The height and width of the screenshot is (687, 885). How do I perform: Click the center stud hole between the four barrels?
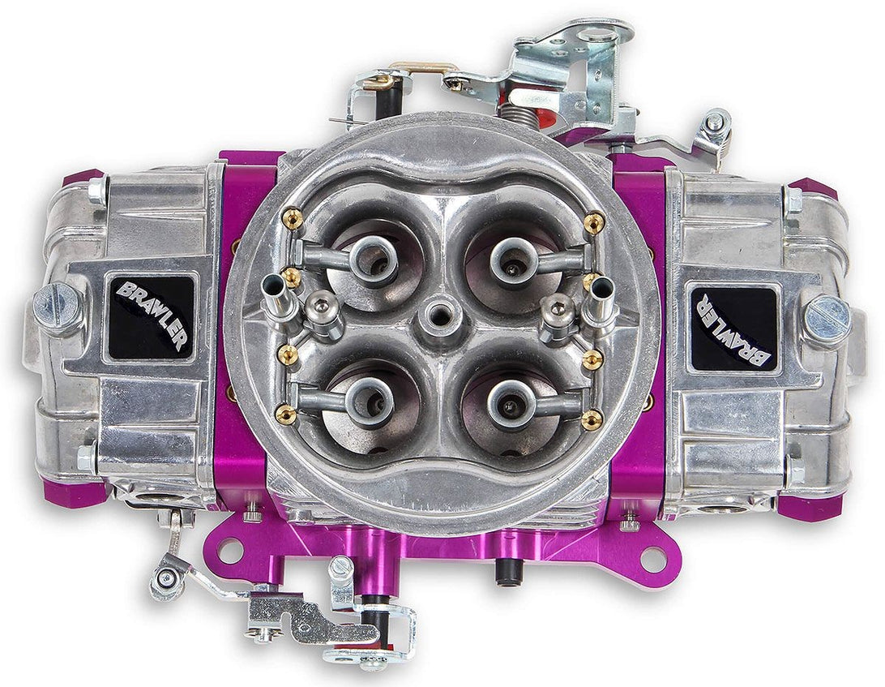[442, 312]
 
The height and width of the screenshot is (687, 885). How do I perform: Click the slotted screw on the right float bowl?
[826, 318]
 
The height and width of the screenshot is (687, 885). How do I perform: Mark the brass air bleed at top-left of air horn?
[293, 218]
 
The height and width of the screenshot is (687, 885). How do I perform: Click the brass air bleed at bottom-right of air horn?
[592, 419]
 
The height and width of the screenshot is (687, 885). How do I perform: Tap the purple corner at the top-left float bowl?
[83, 178]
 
